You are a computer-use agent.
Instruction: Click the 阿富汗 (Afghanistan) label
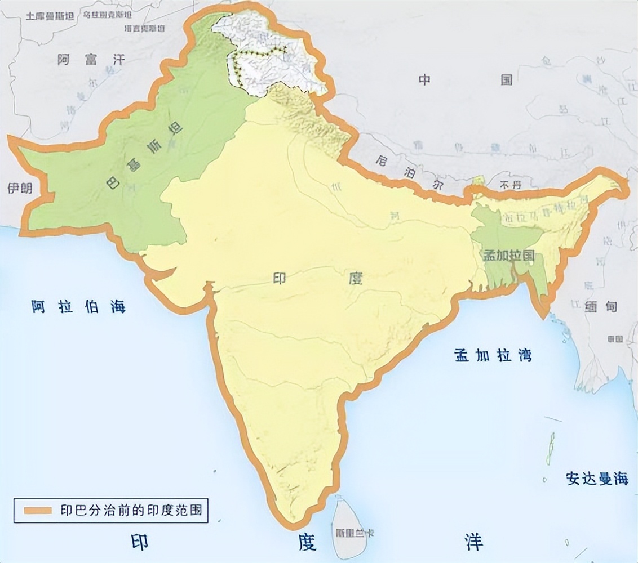click(x=91, y=59)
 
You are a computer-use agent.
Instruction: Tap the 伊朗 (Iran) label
click(x=17, y=189)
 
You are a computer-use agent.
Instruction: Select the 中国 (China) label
click(x=466, y=80)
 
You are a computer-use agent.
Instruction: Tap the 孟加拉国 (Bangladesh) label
click(x=508, y=254)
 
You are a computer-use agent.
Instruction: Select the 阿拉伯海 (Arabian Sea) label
click(x=78, y=306)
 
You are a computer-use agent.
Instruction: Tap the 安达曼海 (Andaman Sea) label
click(x=596, y=479)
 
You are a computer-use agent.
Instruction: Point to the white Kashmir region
click(x=271, y=56)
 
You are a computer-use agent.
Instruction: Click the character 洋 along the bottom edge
click(x=473, y=542)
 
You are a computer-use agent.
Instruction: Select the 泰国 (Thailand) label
click(x=615, y=339)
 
